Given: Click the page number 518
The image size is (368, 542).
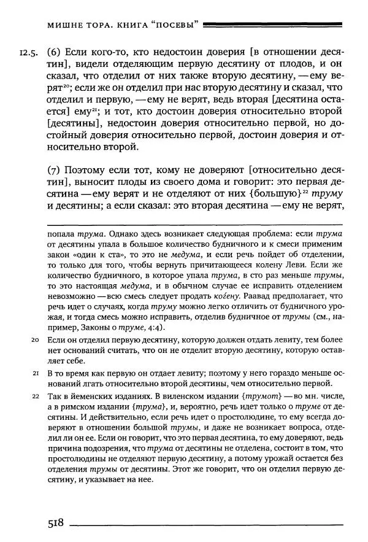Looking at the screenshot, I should (x=56, y=523).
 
